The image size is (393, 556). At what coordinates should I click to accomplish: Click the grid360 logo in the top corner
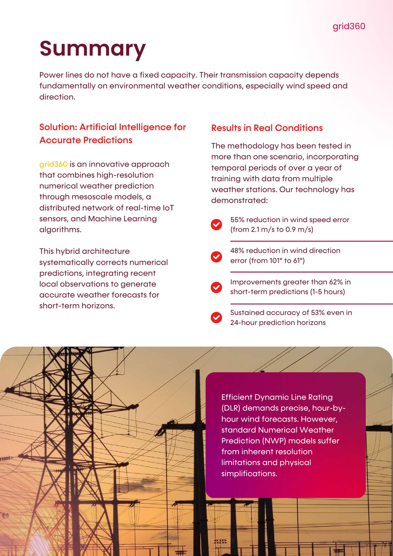coord(349,26)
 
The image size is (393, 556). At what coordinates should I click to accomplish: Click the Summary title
coord(93,49)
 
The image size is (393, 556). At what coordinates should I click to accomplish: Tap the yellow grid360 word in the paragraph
coord(53,164)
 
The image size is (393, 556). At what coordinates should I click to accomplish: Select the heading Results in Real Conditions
coord(267,128)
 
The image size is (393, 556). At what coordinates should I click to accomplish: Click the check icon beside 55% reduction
coord(216,224)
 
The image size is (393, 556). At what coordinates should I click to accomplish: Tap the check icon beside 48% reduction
coord(216,257)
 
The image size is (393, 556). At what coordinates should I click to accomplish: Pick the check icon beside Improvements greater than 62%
coord(216,287)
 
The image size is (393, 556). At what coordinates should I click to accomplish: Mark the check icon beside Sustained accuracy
coord(216,317)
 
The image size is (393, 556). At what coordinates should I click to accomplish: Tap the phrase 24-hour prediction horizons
coord(278,323)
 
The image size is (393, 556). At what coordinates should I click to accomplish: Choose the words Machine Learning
coord(122,219)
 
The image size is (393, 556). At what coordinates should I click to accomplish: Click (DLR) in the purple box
coord(231,408)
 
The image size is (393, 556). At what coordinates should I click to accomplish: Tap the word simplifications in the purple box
coord(249,473)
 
